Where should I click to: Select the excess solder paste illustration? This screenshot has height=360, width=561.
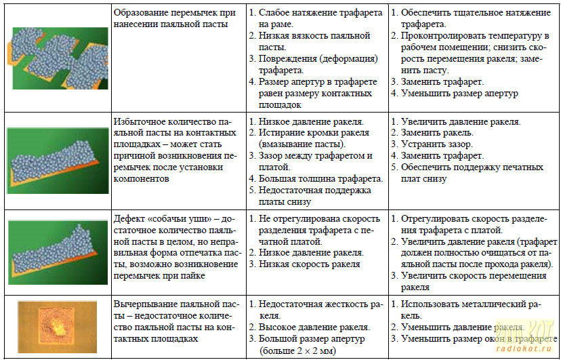point(58,159)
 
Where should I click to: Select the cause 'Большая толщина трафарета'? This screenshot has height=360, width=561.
point(320,179)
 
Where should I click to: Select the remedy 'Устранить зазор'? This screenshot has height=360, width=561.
point(436,144)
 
